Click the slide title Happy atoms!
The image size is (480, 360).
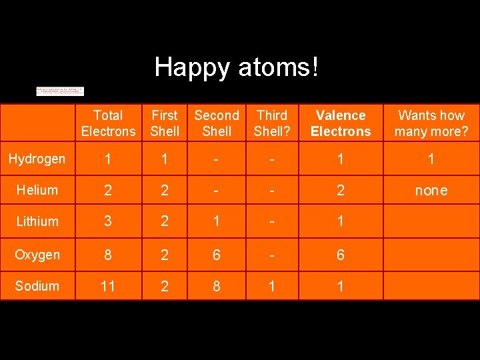pos(237,67)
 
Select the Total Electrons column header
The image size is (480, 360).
pos(108,123)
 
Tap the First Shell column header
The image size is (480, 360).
pos(165,123)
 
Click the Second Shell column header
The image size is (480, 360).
pos(217,123)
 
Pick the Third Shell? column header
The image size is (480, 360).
pos(271,123)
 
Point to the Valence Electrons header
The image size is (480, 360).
pos(341,123)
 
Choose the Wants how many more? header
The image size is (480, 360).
pos(431,123)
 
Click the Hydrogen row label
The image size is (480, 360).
pos(37,159)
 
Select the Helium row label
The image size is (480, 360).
pos(37,190)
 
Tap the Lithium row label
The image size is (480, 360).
pos(37,221)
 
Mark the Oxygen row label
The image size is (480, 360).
pos(37,255)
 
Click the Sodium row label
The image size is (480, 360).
pos(37,286)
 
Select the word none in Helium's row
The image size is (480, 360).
pos(431,191)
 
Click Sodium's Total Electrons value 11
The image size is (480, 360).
pos(108,287)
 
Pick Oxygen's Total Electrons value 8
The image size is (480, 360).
pos(108,255)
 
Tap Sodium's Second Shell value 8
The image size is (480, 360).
pos(217,287)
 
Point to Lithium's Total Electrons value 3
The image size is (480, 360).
pos(108,222)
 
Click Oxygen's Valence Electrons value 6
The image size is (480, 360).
pos(341,255)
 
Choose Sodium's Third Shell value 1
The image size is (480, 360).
pos(271,287)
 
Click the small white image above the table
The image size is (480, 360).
pos(60,91)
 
